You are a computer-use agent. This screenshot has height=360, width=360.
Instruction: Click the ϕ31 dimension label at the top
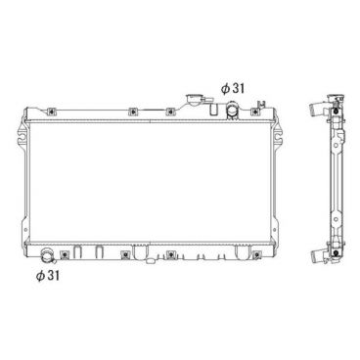click(x=232, y=88)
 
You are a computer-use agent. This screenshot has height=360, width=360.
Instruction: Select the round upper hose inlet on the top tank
click(x=231, y=109)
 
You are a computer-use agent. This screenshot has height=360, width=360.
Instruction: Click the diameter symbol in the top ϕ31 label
click(x=224, y=88)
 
